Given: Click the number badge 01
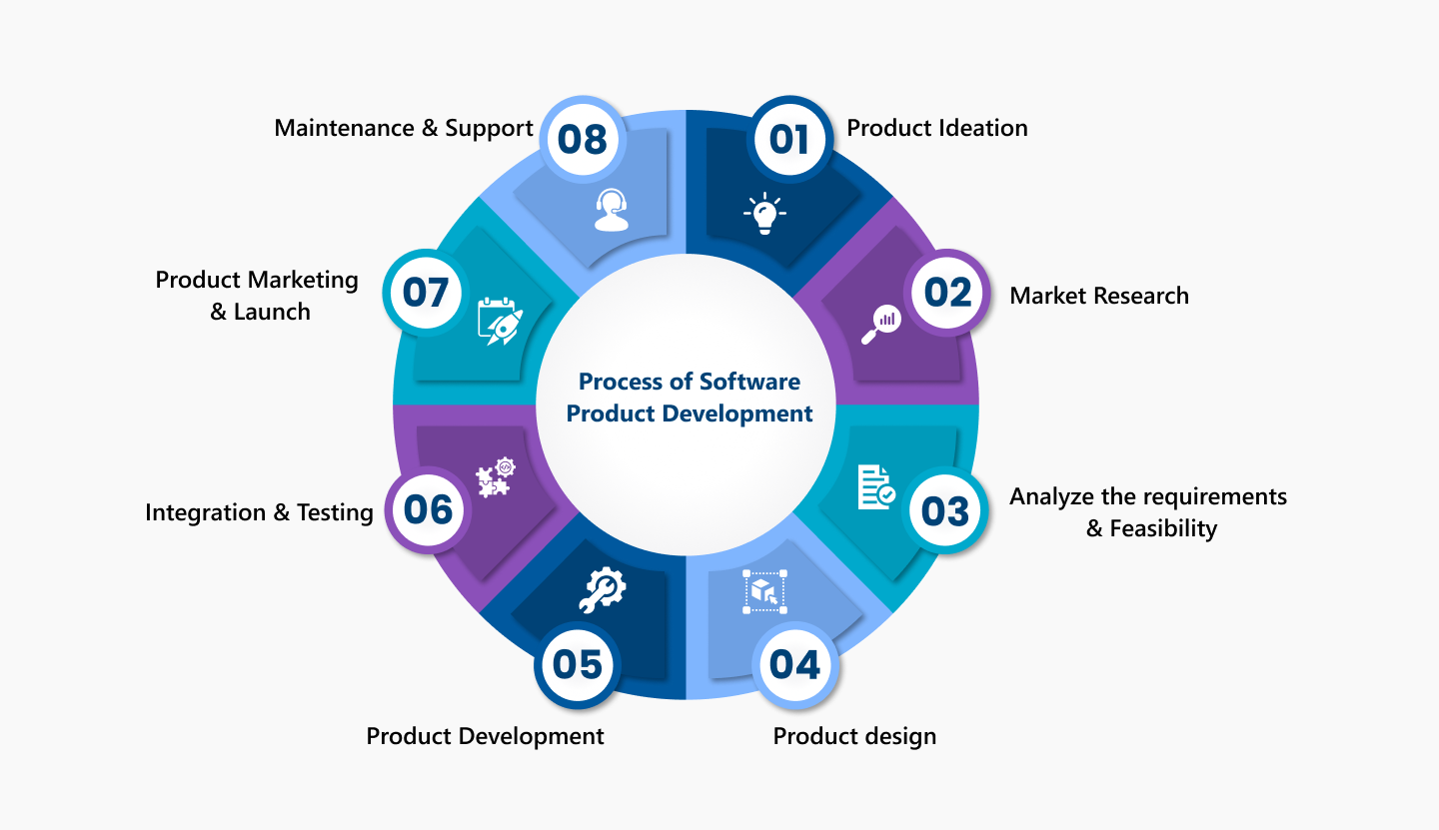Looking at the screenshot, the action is click(789, 139).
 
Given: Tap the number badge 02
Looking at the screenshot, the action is click(947, 292).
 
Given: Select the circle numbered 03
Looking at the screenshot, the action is click(944, 511).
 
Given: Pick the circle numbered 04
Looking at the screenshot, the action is click(794, 664).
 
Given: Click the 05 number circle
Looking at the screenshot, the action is click(577, 664).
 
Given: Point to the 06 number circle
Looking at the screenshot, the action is click(428, 509).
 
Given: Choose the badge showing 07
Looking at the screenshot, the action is click(426, 292).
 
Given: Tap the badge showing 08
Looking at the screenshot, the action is click(582, 139).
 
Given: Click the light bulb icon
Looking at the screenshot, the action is click(764, 213).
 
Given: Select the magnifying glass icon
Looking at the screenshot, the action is click(880, 325).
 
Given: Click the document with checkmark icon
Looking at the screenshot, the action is click(876, 487).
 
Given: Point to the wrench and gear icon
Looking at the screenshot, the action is click(602, 590).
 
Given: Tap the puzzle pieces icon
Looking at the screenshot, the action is click(496, 477).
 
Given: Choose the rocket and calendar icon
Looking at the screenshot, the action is click(501, 321).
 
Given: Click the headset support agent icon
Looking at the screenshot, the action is click(611, 210).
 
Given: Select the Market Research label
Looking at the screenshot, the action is click(1099, 296).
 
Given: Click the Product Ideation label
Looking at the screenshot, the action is click(937, 128).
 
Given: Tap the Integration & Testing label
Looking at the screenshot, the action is click(259, 512).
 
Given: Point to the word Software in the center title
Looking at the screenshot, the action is click(749, 382).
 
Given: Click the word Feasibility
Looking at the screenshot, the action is click(1163, 528).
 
